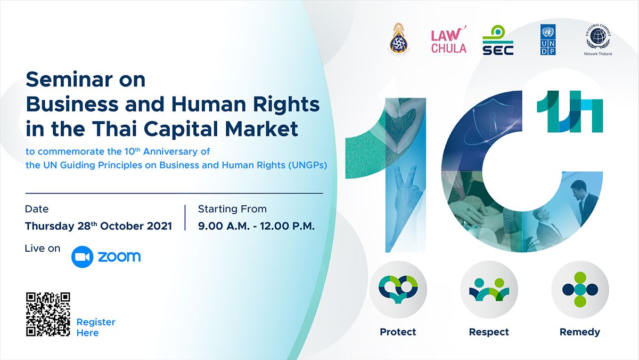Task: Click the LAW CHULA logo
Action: click(x=449, y=39)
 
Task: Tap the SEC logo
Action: click(x=498, y=40)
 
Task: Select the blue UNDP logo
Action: click(x=548, y=39)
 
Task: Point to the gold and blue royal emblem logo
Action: click(x=398, y=39)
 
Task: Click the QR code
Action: click(x=48, y=314)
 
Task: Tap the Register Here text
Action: click(x=96, y=327)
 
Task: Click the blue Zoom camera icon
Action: click(x=82, y=257)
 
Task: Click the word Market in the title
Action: click(x=261, y=129)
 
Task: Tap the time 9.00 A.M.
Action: click(x=224, y=226)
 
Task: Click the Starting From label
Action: click(x=232, y=209)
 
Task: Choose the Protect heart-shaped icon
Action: click(x=398, y=289)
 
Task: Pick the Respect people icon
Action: click(x=489, y=290)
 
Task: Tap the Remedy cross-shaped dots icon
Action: click(x=580, y=289)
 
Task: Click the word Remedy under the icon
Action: click(x=580, y=332)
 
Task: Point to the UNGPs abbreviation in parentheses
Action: click(x=308, y=165)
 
